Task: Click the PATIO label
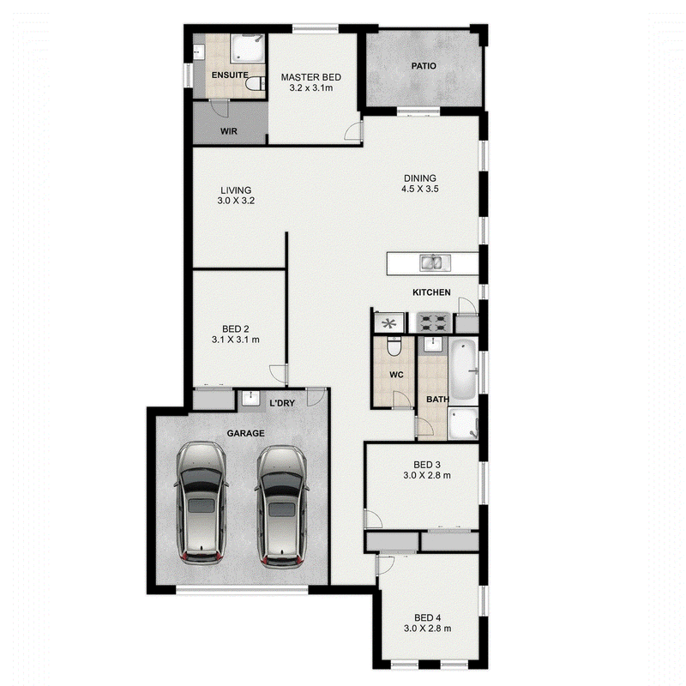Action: point(424,66)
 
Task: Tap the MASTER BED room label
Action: point(311,77)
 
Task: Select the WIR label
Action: point(229,131)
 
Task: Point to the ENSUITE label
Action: point(230,75)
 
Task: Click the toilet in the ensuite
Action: point(255,83)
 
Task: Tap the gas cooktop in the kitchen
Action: point(433,323)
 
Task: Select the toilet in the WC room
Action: point(394,346)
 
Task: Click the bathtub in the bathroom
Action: point(463,370)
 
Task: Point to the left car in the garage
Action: point(202,503)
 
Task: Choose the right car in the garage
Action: point(282,506)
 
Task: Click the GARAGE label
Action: point(245,434)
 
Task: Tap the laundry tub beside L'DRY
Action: point(250,398)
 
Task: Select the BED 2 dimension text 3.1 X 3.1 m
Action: point(235,340)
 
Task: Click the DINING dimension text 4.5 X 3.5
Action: point(420,189)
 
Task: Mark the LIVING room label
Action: point(236,190)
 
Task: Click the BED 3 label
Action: point(427,465)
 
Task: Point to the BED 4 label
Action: point(427,617)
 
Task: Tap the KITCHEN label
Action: point(431,292)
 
